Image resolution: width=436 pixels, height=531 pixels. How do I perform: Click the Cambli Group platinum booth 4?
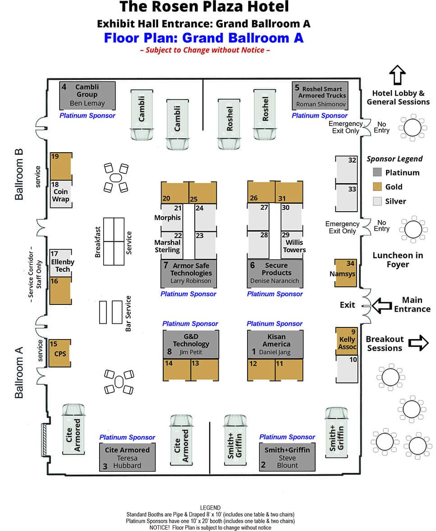(87, 95)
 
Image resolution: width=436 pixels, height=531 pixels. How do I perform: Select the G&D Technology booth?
(191, 345)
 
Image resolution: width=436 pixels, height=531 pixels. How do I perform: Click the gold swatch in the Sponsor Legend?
(378, 186)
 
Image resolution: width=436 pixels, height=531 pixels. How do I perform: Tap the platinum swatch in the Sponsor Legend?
(378, 172)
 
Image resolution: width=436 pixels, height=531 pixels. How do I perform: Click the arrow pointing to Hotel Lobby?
(398, 75)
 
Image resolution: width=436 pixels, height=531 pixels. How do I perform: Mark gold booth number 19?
(61, 167)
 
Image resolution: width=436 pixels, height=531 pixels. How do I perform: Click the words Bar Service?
(128, 313)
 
